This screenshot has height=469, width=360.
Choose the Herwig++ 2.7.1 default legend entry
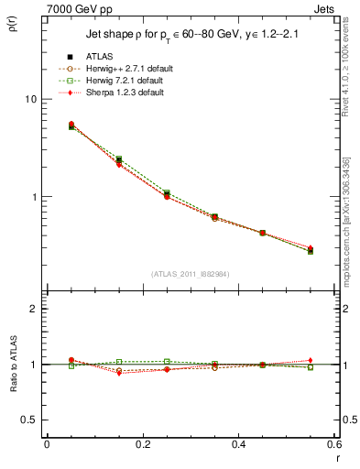coord(125,70)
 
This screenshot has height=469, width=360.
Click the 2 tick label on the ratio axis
coord(33,310)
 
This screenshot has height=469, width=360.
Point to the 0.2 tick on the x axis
coord(142,444)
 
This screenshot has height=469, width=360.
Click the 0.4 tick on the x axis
coord(238,444)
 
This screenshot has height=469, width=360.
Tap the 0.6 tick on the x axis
coord(333,444)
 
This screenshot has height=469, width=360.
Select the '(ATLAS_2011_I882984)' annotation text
coord(190,274)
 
